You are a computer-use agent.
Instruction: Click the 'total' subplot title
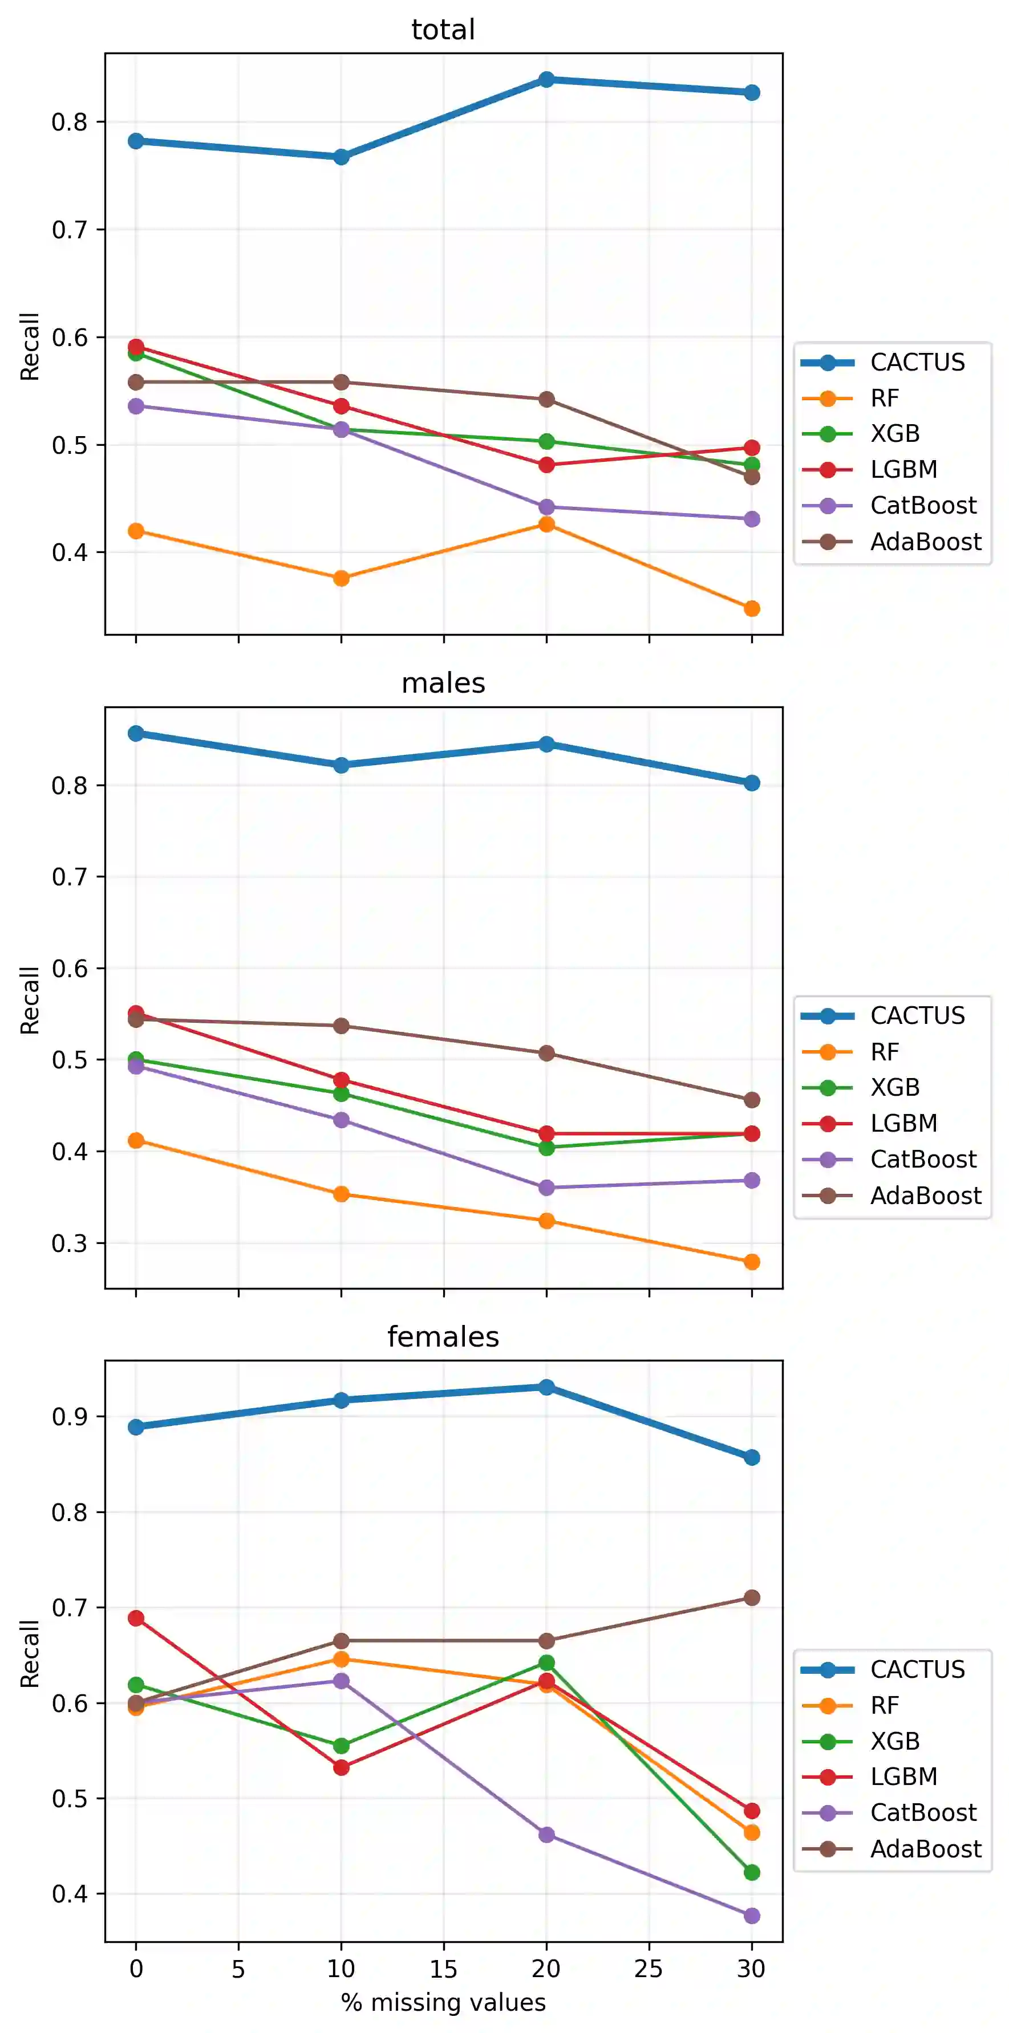tap(443, 30)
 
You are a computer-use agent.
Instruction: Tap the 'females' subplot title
tap(443, 1337)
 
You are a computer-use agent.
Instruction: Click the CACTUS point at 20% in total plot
tap(546, 80)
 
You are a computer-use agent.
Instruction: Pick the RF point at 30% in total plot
tap(752, 608)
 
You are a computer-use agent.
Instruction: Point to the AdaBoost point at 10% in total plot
tap(341, 383)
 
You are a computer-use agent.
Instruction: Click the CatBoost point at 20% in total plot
tap(546, 507)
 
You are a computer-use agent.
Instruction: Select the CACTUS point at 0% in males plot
tap(136, 734)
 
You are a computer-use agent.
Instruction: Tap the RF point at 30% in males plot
tap(752, 1263)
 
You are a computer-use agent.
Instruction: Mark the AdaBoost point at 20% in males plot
tap(546, 1054)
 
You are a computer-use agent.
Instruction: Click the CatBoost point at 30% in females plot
tap(752, 1916)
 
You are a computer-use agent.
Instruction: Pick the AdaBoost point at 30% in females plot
tap(752, 1598)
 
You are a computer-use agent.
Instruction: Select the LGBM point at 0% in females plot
tap(136, 1619)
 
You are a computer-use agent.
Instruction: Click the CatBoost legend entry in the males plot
tap(923, 1160)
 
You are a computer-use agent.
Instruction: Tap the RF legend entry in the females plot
tap(884, 1706)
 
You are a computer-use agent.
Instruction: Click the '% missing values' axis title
tap(443, 2003)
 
